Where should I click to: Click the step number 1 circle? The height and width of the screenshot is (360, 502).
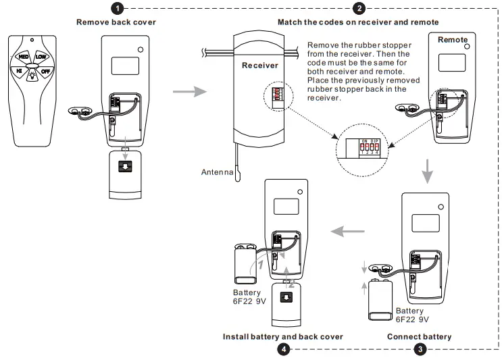click(x=118, y=8)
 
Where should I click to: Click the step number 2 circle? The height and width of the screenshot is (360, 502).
click(x=359, y=8)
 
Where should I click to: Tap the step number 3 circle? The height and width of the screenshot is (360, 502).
click(x=420, y=349)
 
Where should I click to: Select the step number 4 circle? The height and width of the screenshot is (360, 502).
click(x=284, y=349)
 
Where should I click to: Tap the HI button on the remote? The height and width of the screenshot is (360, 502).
click(x=19, y=71)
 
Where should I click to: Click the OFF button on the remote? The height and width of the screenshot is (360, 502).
click(x=45, y=71)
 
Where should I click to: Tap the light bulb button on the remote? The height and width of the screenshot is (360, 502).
click(x=32, y=76)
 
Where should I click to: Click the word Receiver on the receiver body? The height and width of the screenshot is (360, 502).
click(x=260, y=66)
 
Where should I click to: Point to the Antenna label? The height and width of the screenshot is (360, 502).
click(x=217, y=172)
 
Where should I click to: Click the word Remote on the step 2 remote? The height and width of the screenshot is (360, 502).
click(x=453, y=40)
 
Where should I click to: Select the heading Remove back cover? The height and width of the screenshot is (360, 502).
click(x=116, y=22)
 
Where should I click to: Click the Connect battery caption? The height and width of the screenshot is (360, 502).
click(x=419, y=336)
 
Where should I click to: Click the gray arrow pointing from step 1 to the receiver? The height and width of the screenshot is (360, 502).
click(x=190, y=92)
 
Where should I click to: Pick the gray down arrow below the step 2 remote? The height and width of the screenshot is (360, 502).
click(x=427, y=171)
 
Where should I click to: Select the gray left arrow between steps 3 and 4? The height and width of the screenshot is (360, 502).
click(x=347, y=231)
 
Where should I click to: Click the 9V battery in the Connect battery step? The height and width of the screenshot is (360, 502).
click(x=380, y=299)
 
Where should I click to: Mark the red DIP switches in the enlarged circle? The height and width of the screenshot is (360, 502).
click(x=370, y=147)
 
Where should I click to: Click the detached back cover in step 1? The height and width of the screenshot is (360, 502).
click(x=125, y=174)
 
